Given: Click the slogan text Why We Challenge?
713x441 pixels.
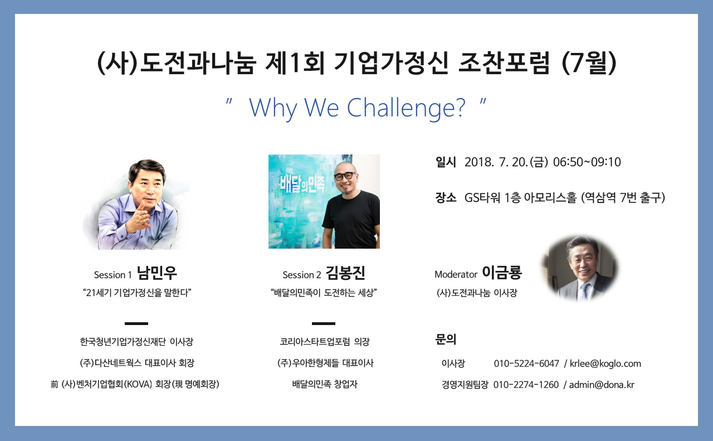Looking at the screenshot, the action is coord(357,108).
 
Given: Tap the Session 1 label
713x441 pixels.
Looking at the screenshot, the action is coord(113,275).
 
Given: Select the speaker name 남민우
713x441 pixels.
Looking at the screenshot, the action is coord(157,273).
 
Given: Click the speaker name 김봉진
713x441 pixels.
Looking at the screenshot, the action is coord(345,273).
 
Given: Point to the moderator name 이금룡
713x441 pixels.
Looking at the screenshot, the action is coord(502,273).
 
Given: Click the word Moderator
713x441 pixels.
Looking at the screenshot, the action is coord(456,274).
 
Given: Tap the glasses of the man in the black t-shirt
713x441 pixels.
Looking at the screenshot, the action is coord(345,176).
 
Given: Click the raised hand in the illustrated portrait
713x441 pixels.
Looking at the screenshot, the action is coord(139,217).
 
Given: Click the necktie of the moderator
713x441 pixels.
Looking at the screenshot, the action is coord(584,292).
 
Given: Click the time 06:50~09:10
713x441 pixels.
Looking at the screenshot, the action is coord(587,162).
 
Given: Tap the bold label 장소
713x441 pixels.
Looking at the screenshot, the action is coord(446,197).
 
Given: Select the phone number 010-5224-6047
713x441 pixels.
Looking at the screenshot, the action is coord(526,364).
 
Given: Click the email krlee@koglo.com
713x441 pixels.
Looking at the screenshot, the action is coord(605,364).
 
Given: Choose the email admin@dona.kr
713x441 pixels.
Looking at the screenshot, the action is coord(602,385).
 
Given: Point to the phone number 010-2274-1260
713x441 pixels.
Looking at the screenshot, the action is coord(526,385).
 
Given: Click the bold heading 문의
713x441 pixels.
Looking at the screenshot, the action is coord(446,340).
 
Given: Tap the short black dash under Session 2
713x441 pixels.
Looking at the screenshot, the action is coord(324,323).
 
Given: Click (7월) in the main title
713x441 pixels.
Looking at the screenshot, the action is coord(589,63).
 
